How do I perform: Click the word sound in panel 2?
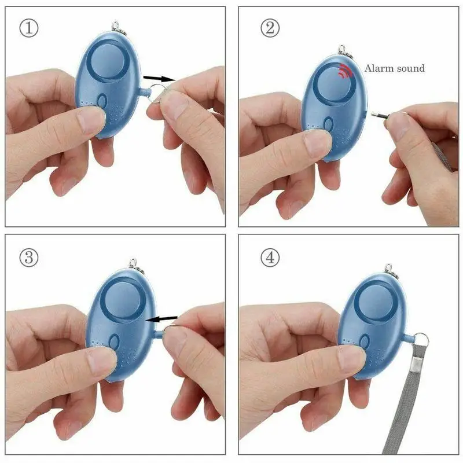click(410, 68)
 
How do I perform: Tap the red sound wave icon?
click(346, 71)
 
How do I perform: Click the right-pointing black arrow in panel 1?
click(159, 77)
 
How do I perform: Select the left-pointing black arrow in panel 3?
click(162, 318)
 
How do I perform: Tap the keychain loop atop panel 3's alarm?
click(137, 269)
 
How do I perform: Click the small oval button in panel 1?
click(102, 103)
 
